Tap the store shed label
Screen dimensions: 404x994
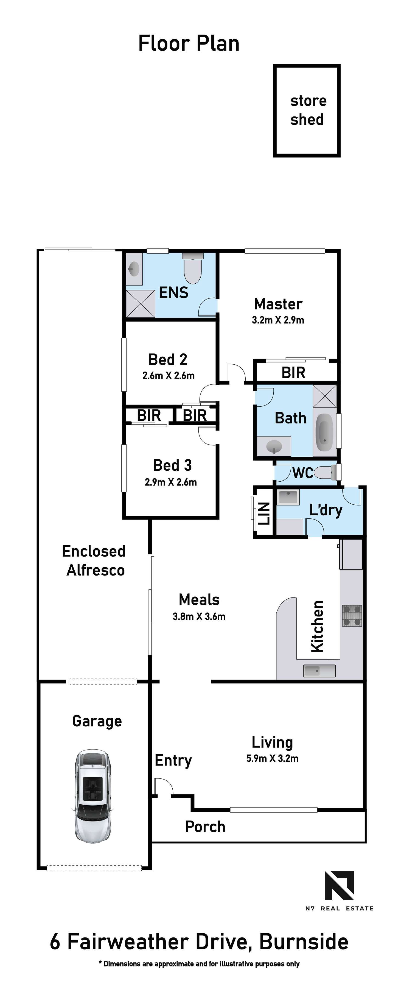308,110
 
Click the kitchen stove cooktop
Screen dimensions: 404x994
352,615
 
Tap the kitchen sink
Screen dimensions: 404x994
319,671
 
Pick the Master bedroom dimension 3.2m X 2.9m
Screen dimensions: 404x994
278,320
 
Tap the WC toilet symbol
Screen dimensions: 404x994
327,472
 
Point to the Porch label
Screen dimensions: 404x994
205,827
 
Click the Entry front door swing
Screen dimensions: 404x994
164,786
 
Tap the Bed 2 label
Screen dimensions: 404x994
168,360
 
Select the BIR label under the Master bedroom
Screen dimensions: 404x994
293,373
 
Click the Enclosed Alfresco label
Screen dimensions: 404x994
94,561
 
